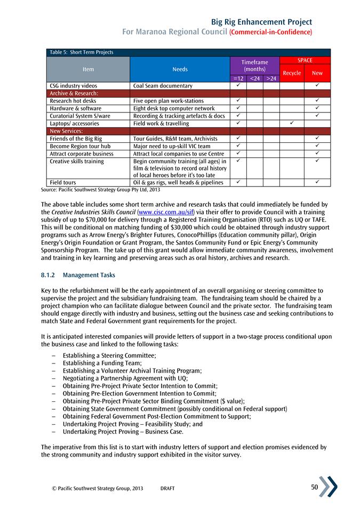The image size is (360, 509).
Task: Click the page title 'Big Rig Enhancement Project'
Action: pos(261,22)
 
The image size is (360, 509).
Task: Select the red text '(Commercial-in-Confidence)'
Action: pos(270,33)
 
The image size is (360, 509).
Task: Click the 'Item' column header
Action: pos(88,69)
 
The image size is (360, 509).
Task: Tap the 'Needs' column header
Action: pos(180,69)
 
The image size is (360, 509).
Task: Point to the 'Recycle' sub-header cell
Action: pos(292,73)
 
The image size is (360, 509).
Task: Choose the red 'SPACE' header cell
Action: pos(305,60)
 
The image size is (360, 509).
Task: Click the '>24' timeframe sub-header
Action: pos(271,78)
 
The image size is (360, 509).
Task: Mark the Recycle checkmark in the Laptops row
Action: pos(292,123)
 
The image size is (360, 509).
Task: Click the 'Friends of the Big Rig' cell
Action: pos(76,138)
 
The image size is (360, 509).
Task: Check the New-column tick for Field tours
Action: pos(317,182)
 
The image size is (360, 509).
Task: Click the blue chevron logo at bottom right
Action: pos(327,487)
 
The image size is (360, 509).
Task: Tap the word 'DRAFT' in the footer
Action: pos(167,488)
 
